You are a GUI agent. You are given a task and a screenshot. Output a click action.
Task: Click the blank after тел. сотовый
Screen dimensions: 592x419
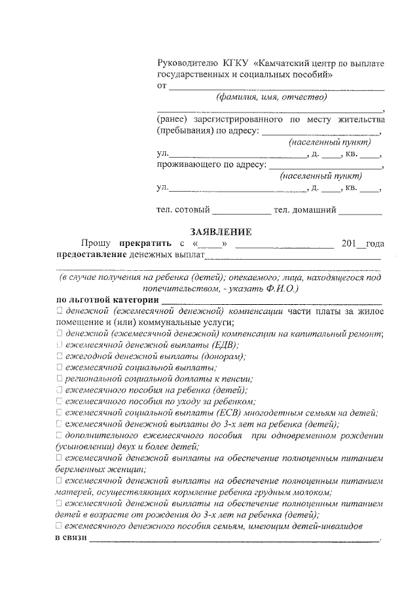[x=242, y=211]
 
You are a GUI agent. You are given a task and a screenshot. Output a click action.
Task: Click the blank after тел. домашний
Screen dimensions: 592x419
[x=361, y=211]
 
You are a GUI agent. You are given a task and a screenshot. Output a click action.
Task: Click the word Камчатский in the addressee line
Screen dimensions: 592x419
[x=286, y=63]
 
